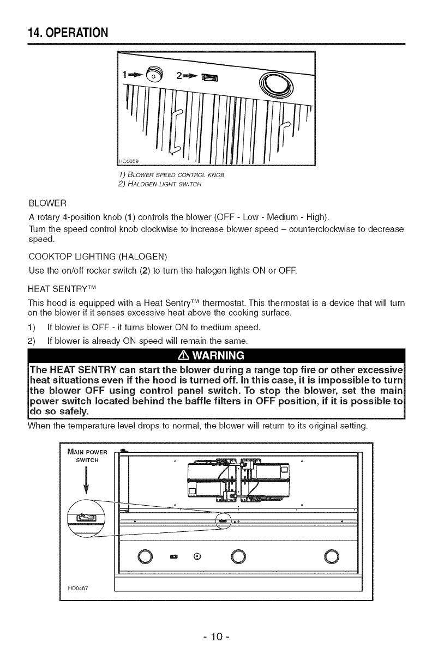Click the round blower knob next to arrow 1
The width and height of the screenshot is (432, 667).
[155, 74]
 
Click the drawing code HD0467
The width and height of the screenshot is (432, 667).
[78, 589]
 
